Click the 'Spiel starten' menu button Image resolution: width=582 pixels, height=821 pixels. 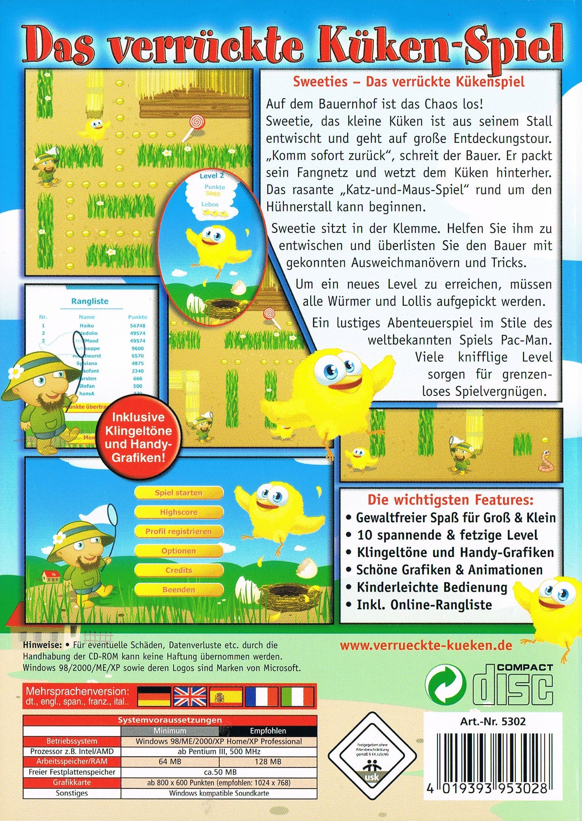click(179, 493)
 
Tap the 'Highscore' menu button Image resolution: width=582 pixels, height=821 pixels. click(179, 512)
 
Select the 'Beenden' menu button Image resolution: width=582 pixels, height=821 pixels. click(179, 590)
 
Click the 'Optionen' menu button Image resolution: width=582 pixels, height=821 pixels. click(179, 551)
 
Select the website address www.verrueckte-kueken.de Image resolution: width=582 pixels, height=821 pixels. click(426, 645)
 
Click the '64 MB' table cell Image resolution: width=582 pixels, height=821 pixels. click(170, 762)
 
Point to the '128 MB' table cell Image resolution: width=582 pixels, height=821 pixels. click(268, 762)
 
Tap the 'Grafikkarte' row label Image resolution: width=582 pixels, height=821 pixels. click(72, 783)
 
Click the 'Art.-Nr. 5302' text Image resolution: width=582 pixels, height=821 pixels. click(493, 721)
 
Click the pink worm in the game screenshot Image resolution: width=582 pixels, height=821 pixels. click(546, 461)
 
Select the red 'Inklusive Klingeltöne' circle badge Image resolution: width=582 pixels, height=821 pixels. click(139, 437)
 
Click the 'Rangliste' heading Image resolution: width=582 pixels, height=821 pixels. click(90, 301)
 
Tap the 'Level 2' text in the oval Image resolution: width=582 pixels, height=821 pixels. click(212, 176)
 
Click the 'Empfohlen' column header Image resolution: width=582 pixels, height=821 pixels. click(268, 731)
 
